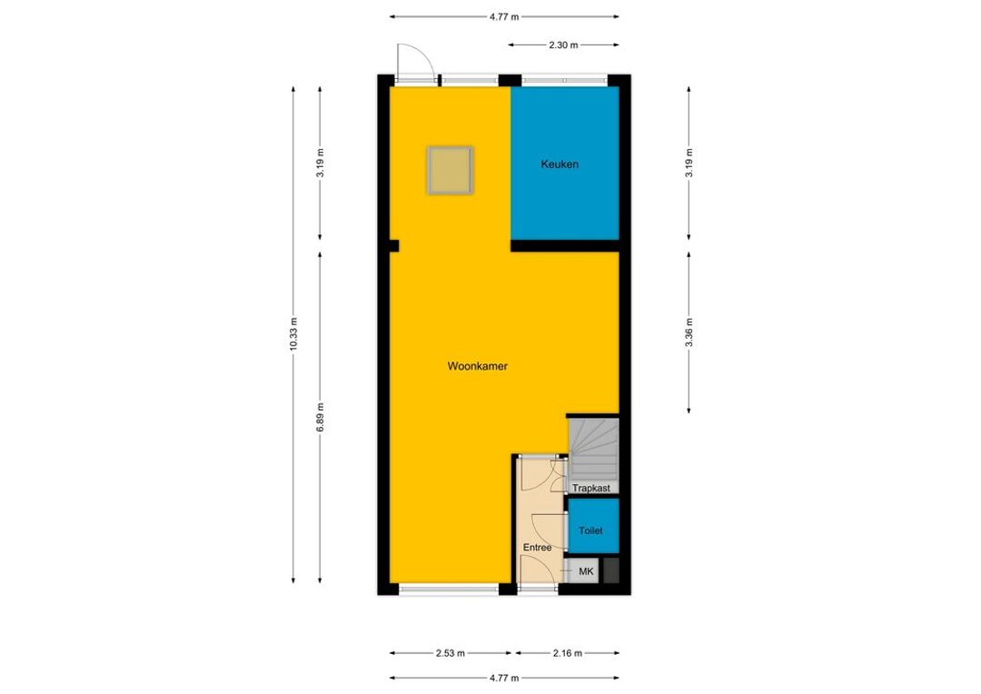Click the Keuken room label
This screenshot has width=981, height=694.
tap(560, 164)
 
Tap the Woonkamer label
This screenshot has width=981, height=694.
tap(478, 366)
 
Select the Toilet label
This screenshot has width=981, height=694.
tap(590, 530)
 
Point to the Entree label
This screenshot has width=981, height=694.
tap(538, 548)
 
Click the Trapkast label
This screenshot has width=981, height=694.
tap(591, 488)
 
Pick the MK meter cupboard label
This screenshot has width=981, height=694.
tap(586, 571)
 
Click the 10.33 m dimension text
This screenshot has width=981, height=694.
tap(293, 334)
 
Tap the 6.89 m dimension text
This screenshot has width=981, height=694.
tap(320, 417)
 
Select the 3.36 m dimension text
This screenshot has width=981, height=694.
tap(689, 332)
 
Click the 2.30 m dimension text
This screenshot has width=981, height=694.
tap(564, 45)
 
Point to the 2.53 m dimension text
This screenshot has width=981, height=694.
tap(451, 653)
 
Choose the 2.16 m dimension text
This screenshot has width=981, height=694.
tap(568, 653)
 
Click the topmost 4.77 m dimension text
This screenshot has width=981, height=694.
tap(504, 17)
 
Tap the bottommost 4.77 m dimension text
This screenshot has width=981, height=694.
tap(504, 678)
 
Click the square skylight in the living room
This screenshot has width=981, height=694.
tap(450, 170)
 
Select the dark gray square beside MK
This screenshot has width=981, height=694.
tap(611, 570)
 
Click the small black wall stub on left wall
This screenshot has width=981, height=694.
tap(393, 246)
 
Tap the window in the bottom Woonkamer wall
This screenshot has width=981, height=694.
tap(449, 589)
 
